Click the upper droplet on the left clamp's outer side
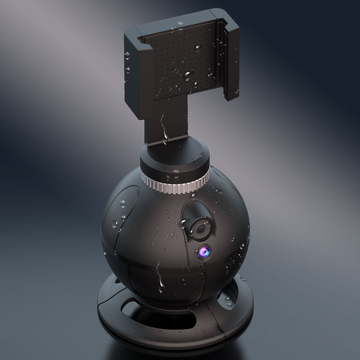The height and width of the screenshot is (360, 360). [x=127, y=55]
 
